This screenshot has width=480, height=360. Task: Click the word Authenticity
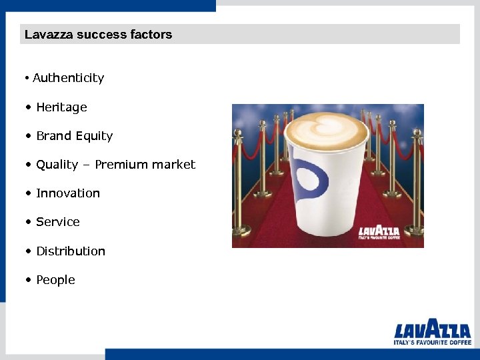[68, 78]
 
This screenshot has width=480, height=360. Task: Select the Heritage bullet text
[61, 107]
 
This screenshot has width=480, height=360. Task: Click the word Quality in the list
[57, 165]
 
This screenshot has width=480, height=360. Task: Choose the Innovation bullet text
[68, 193]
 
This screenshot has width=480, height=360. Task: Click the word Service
[58, 222]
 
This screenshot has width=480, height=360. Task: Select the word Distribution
[71, 251]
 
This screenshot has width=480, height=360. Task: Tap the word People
[55, 280]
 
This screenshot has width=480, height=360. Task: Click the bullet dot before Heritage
[27, 107]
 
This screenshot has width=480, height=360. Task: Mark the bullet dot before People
[27, 280]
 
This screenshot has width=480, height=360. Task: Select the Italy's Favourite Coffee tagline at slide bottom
[432, 342]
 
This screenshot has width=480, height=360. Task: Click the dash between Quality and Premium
[87, 165]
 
